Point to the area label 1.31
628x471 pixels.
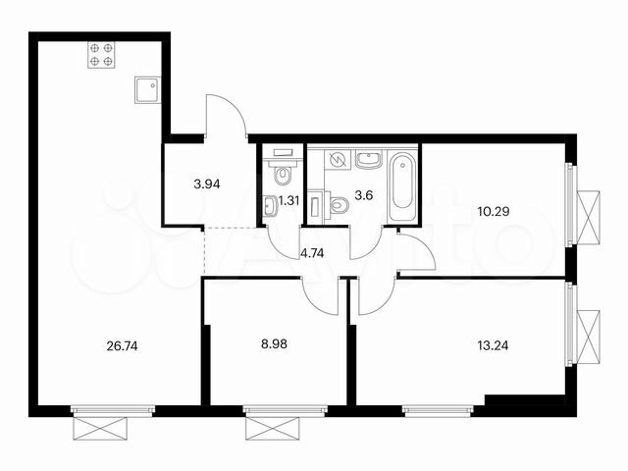(289, 200)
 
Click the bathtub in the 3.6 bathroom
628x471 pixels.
(402, 185)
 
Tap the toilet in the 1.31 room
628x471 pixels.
(282, 176)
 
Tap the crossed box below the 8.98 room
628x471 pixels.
(270, 428)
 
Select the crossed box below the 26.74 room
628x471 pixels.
(100, 428)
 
